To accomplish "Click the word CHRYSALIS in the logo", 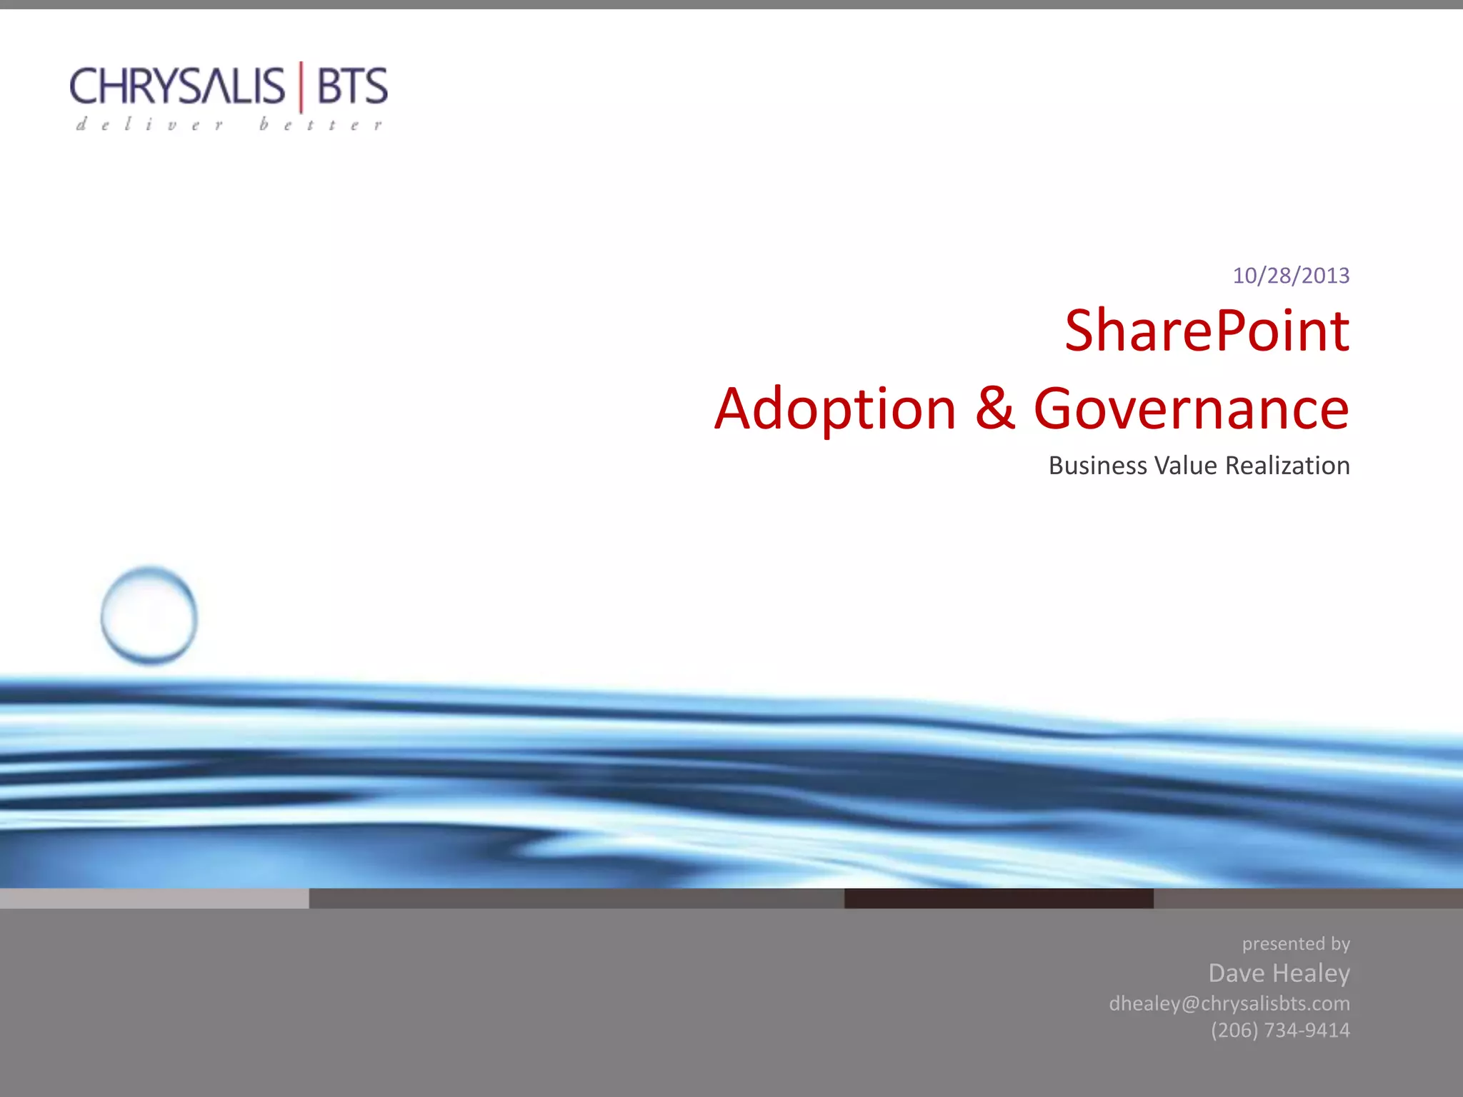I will (176, 86).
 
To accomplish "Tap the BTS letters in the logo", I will (351, 86).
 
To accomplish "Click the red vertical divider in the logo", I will (301, 86).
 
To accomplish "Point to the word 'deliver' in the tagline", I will (150, 125).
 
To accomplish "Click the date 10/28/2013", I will (1291, 276).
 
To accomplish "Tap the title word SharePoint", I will (1207, 331).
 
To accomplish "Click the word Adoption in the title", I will (835, 409).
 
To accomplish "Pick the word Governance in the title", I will (1192, 409).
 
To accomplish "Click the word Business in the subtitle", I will (1097, 466).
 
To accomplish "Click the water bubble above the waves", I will (149, 616).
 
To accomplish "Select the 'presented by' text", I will (1296, 944).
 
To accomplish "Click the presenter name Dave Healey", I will (1279, 973).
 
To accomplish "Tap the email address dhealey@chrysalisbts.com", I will (1229, 1003).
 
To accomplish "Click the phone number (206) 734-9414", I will (1280, 1030).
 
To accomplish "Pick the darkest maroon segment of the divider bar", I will (999, 898).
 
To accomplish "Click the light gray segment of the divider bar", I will (154, 898).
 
